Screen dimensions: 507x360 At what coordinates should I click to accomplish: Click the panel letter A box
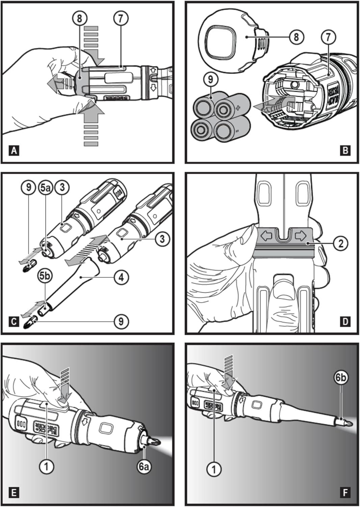tap(14, 150)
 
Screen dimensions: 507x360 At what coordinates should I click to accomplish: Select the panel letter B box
tap(345, 150)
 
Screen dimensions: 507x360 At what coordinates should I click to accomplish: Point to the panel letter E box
tap(14, 492)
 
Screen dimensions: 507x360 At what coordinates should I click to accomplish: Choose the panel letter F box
tap(345, 492)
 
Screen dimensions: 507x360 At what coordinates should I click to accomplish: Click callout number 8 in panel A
tap(80, 19)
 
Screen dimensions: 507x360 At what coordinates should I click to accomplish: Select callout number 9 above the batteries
tap(211, 80)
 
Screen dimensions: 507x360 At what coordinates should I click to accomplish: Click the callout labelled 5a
tap(45, 188)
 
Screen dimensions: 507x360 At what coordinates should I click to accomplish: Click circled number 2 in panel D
tap(340, 243)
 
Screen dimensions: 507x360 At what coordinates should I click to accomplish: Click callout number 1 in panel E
tap(47, 467)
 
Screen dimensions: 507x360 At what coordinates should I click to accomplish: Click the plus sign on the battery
tap(238, 108)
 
